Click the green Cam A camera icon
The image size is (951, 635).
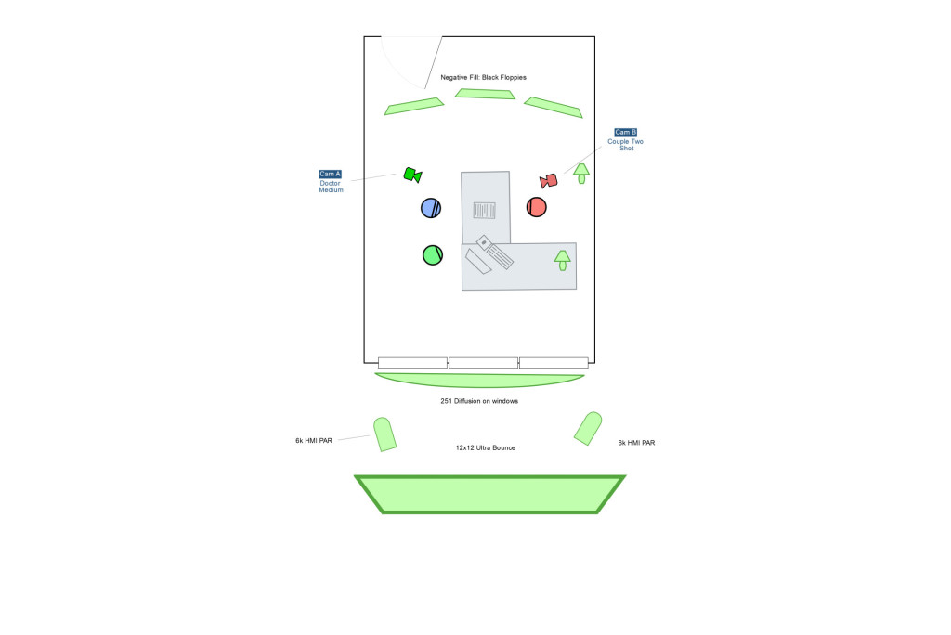[x=412, y=175]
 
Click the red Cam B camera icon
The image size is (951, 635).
[x=549, y=180]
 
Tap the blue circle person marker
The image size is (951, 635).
[x=431, y=208]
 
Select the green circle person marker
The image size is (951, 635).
[x=433, y=254]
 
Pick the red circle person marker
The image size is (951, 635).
[x=536, y=207]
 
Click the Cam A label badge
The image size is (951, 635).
[x=330, y=175]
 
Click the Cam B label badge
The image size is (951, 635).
[x=626, y=133]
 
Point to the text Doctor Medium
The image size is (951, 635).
[x=331, y=187]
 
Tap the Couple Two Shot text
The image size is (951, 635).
[x=626, y=145]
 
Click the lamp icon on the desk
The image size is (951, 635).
[x=562, y=260]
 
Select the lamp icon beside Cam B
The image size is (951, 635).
[x=581, y=173]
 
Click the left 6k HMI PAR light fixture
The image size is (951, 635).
[x=384, y=434]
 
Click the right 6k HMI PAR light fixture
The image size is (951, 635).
[x=588, y=428]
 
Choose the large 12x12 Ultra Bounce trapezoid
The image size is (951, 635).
[x=489, y=494]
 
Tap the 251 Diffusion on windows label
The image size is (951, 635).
[x=479, y=401]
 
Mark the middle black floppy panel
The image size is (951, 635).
[x=485, y=94]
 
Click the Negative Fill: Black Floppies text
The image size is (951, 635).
[x=483, y=77]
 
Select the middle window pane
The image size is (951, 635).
[x=483, y=363]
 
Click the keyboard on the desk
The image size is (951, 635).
[x=495, y=251]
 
